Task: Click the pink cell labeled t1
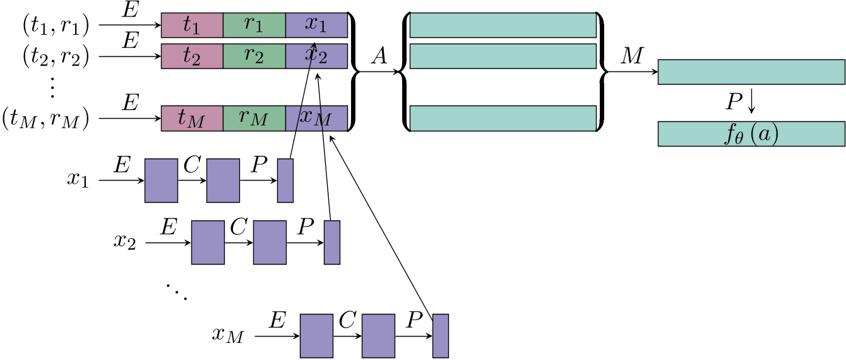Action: (192, 25)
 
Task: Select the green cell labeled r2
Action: (254, 56)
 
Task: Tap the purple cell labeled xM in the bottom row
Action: (316, 118)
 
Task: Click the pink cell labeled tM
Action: (192, 118)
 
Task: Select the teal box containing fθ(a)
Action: (751, 134)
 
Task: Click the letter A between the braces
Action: (379, 57)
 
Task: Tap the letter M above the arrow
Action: (631, 57)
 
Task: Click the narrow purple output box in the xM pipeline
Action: (440, 335)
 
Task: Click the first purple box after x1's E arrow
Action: (161, 181)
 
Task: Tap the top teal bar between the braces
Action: (503, 25)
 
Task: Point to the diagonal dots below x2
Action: (177, 291)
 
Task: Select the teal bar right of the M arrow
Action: (751, 72)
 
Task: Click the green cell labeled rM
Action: (254, 118)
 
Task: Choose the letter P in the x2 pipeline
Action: (305, 227)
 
